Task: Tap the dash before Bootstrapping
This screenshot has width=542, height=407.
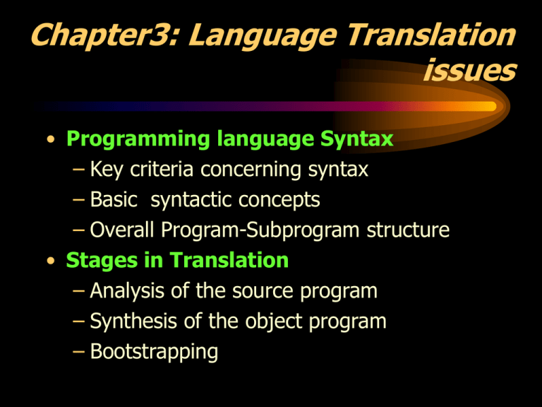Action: click(x=79, y=352)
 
